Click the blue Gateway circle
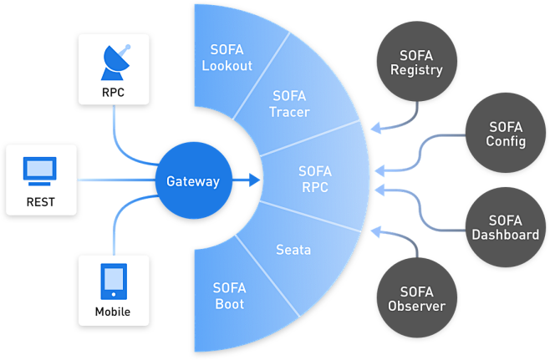[192, 180]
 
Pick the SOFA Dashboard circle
[506, 227]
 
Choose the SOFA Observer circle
[416, 298]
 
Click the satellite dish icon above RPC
[114, 60]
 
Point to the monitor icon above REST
[41, 171]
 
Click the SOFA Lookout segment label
[227, 58]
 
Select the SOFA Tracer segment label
[290, 104]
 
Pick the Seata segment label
[293, 250]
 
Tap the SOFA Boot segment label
[229, 296]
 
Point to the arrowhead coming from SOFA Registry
[375, 128]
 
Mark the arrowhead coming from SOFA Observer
[375, 230]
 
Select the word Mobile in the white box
[114, 312]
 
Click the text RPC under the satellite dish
[114, 92]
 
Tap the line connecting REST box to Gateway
[117, 180]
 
